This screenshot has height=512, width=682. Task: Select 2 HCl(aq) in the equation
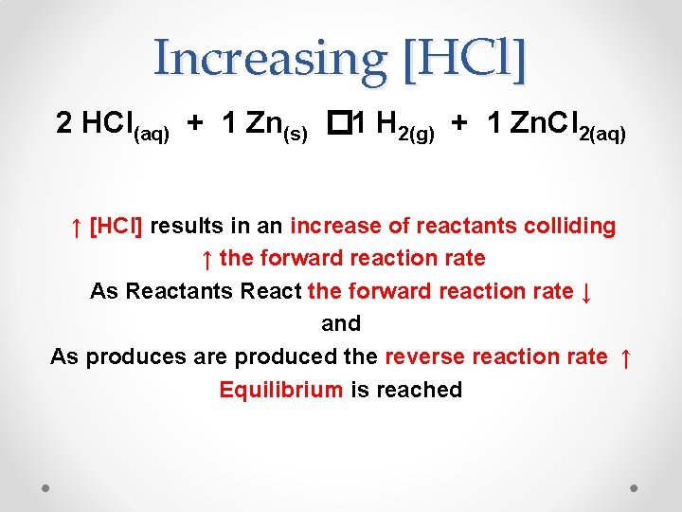click(x=113, y=124)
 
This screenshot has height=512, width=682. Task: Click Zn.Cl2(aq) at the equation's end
click(x=567, y=124)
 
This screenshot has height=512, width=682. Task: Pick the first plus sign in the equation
click(x=193, y=123)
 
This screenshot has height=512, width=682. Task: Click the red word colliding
click(x=568, y=227)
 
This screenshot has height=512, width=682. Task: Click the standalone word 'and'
click(x=341, y=324)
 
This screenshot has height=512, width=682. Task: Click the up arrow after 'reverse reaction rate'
click(x=624, y=357)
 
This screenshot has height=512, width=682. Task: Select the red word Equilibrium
click(x=280, y=390)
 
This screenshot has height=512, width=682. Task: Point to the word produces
click(x=131, y=357)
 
